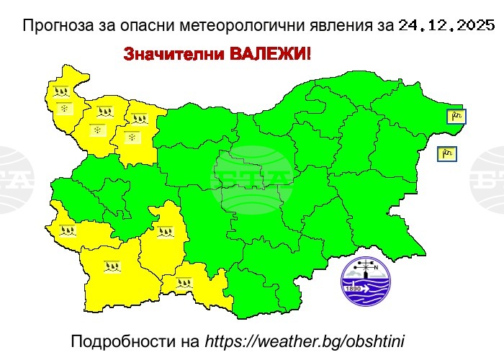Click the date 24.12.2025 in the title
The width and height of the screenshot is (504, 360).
pos(446,27)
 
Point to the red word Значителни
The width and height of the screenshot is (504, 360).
pos(165,55)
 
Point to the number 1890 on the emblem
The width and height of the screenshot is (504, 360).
pos(353,289)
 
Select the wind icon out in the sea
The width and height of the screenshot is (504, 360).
pos(447,153)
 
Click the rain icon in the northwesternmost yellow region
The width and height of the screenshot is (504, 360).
pos(60,92)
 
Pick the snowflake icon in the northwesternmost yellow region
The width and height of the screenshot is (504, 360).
pos(64,109)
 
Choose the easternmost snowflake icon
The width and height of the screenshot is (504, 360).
pos(131,136)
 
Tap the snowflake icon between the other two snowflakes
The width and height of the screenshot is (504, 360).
pos(96,130)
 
